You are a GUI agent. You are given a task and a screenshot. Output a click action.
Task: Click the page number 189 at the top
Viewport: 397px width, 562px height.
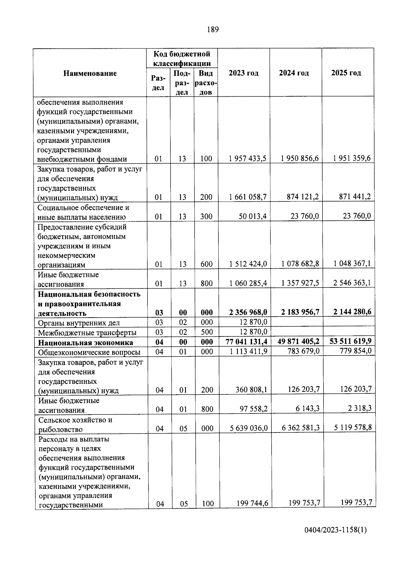(213, 30)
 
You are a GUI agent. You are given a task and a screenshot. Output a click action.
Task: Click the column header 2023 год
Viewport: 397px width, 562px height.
(243, 73)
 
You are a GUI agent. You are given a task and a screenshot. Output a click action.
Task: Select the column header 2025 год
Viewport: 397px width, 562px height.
(346, 73)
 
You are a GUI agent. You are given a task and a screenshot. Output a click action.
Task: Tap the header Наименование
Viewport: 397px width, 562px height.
(90, 73)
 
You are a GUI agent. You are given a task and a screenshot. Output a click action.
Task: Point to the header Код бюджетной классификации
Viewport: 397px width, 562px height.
(182, 58)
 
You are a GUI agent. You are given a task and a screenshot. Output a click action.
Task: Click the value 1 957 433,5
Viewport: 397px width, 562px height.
(247, 159)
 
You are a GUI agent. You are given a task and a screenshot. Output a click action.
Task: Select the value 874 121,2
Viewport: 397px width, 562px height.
(303, 197)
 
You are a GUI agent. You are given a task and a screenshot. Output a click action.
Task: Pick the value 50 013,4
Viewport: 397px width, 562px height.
(252, 216)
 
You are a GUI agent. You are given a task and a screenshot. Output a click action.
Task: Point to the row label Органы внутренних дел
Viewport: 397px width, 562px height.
(79, 323)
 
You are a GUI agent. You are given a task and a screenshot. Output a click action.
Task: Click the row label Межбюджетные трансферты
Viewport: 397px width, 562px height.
(87, 332)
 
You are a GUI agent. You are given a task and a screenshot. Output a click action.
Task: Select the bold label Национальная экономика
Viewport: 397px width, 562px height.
(85, 342)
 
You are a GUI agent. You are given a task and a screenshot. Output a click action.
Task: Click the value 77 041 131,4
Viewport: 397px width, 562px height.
(246, 342)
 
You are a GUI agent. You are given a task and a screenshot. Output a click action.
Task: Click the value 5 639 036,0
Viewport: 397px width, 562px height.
(248, 428)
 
